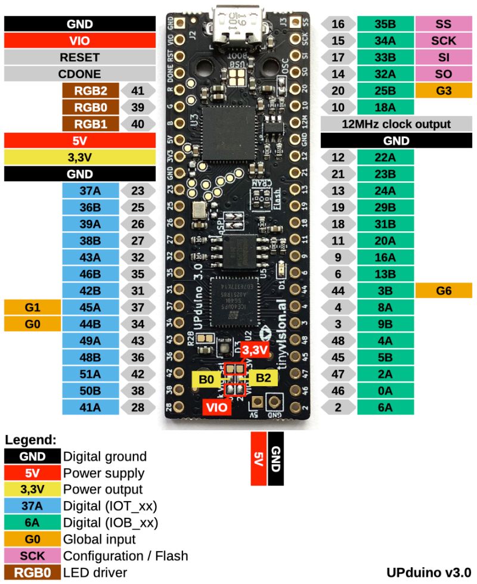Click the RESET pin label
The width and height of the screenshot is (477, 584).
point(79,58)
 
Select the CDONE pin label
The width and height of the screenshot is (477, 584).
point(79,74)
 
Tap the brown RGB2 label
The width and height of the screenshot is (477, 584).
point(91,91)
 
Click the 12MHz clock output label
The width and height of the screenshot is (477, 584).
point(396,124)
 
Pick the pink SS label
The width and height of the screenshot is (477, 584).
point(444,24)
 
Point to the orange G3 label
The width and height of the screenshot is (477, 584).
point(444,91)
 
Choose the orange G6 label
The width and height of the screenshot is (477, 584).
point(444,291)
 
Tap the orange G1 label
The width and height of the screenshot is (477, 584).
point(33,307)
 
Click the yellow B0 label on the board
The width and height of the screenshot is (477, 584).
point(206,378)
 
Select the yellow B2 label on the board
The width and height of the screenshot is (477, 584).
point(264,378)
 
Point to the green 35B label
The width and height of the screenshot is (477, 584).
point(385,24)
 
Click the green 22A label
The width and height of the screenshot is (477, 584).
point(385,157)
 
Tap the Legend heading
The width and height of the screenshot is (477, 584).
point(30,440)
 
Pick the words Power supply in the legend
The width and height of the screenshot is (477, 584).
point(104,473)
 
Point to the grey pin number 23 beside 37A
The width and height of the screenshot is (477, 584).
point(138,191)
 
